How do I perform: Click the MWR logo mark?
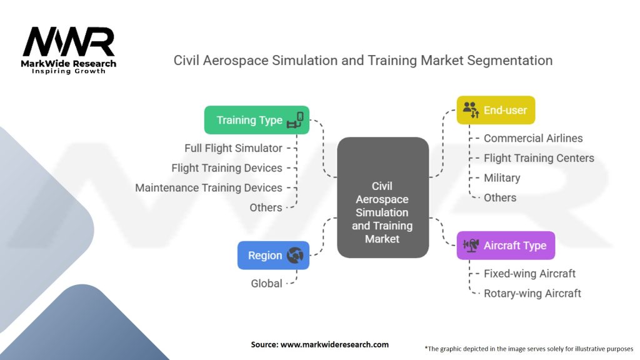tap(69, 42)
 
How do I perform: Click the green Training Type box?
tap(257, 120)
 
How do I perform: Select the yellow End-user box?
tap(496, 110)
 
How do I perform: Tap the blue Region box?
tap(273, 255)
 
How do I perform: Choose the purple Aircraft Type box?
tap(505, 246)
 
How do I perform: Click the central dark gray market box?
tap(382, 197)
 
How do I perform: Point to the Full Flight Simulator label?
tap(233, 148)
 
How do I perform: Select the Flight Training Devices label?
tap(227, 167)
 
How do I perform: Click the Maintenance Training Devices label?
tap(209, 187)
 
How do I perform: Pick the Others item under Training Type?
tap(266, 207)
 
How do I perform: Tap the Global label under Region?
tap(267, 283)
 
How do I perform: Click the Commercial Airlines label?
tap(533, 138)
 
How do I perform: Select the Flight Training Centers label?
tap(539, 158)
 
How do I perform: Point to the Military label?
tap(502, 178)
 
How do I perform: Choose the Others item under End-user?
tap(500, 197)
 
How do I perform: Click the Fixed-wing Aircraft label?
tap(529, 273)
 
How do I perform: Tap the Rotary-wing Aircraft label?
tap(532, 293)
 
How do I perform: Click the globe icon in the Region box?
tap(295, 255)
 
